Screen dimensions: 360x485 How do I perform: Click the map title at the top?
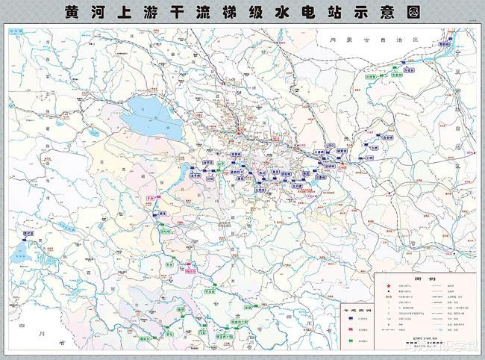242,13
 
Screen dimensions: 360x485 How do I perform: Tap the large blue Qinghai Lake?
149,116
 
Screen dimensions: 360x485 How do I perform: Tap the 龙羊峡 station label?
195,176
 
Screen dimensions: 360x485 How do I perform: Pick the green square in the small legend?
351,341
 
